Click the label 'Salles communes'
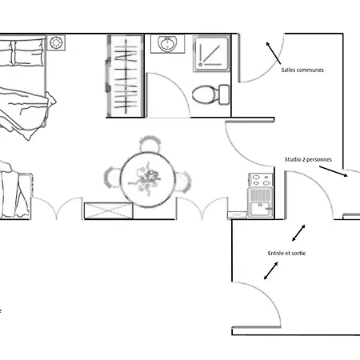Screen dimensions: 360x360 pyautogui.click(x=302, y=70)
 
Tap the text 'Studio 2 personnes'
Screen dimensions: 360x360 pyautogui.click(x=308, y=159)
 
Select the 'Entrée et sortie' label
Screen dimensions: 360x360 pyautogui.click(x=286, y=253)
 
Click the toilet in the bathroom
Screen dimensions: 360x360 pyautogui.click(x=210, y=94)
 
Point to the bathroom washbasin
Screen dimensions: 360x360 pyautogui.click(x=167, y=44)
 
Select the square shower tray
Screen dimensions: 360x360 pyautogui.click(x=211, y=54)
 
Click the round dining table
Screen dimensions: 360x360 pyautogui.click(x=147, y=180)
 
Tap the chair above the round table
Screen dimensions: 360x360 pyautogui.click(x=150, y=144)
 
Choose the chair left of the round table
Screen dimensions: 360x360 pyautogui.click(x=113, y=177)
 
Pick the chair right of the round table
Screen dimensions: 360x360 pyautogui.click(x=182, y=182)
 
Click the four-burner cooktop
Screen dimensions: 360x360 pyautogui.click(x=261, y=180)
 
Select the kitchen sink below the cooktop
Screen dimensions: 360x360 pyautogui.click(x=260, y=202)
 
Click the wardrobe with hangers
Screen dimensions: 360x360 pyautogui.click(x=125, y=76)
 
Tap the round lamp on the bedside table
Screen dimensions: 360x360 pyautogui.click(x=56, y=42)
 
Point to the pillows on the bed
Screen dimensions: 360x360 pyautogui.click(x=22, y=53)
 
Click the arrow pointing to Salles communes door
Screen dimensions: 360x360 pyautogui.click(x=274, y=53)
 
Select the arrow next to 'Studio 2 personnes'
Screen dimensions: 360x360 pyautogui.click(x=334, y=171)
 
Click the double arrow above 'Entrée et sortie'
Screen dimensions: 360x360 pyautogui.click(x=298, y=233)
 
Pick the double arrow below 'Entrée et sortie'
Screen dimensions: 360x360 pyautogui.click(x=270, y=271)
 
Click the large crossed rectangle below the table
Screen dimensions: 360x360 pyautogui.click(x=109, y=210)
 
